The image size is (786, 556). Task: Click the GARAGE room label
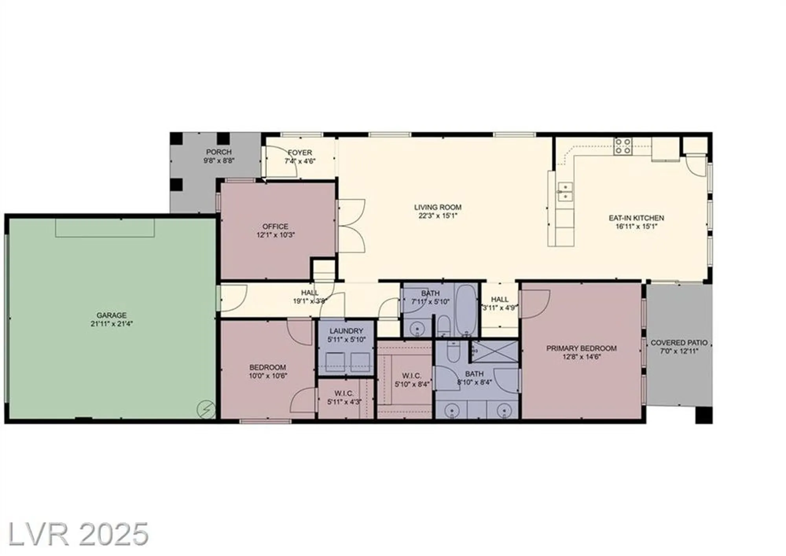pos(111,315)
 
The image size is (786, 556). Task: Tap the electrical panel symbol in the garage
pos(206,409)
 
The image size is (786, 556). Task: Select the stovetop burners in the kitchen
pos(623,146)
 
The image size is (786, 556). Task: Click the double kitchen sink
pos(565,191)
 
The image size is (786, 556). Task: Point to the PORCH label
pos(219,152)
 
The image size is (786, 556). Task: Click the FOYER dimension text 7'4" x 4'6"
pos(300,161)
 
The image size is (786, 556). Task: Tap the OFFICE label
pos(275,226)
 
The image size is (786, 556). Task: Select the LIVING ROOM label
pos(437,207)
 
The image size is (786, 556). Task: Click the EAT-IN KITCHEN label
pos(636,218)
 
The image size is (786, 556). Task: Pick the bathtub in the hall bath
pos(466,309)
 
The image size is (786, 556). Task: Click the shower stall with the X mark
pos(495,351)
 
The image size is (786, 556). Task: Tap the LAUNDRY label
pos(346,331)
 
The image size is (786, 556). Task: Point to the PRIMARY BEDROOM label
pos(581,348)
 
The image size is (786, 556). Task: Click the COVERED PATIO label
pos(679,342)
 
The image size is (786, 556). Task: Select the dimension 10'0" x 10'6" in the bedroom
pos(268,376)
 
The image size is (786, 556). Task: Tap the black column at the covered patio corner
pos(703,415)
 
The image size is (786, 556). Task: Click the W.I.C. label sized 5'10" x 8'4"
pos(411,376)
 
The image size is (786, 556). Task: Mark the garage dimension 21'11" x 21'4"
pos(111,324)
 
